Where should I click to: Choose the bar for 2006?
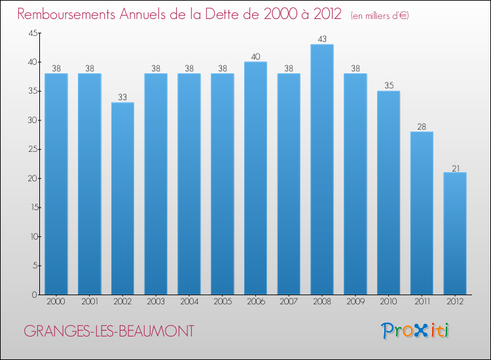pos(255,178)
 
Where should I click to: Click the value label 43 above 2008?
pos(322,39)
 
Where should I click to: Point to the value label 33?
pos(122,98)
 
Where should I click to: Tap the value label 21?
pos(455,168)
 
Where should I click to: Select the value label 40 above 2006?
pos(255,57)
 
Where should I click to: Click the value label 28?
pos(422,127)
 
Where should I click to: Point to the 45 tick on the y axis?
pos(32,33)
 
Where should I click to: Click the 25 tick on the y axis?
pos(32,149)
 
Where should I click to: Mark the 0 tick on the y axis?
pos(35,295)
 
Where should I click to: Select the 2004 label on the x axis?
pos(189,303)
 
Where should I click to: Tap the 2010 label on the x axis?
pos(388,303)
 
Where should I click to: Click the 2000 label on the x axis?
pos(56,303)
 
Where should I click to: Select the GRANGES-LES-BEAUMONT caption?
pos(109,331)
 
